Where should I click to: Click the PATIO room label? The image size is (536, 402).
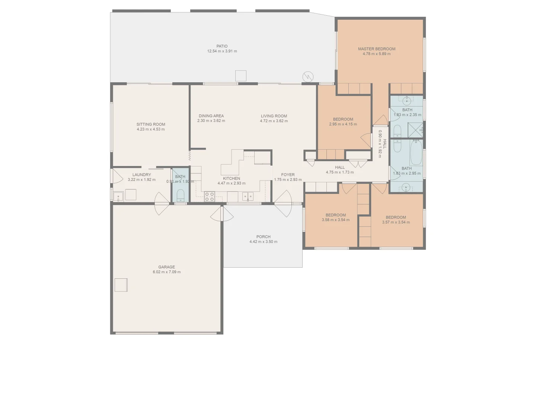click(222, 46)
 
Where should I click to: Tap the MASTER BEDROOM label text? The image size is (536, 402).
click(376, 49)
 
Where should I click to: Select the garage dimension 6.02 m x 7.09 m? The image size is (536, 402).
click(166, 272)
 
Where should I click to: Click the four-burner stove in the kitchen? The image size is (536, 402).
click(209, 197)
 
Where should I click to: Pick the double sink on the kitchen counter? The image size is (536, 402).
click(248, 196)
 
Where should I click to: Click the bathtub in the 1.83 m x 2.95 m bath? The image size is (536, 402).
click(416, 153)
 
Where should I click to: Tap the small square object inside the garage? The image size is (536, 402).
click(121, 285)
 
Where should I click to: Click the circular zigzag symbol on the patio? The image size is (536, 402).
click(308, 77)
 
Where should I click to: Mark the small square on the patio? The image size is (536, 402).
click(241, 76)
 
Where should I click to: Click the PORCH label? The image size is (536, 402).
click(263, 237)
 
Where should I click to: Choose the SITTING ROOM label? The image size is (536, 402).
click(151, 124)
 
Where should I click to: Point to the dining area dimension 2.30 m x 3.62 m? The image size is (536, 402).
click(211, 121)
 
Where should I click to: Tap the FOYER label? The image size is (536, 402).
click(288, 175)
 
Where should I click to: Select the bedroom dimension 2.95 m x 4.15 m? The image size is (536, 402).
click(343, 124)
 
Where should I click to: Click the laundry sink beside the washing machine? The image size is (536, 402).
click(118, 196)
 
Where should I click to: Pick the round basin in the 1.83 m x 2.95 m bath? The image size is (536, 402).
click(406, 187)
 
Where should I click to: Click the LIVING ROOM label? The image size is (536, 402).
click(274, 116)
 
